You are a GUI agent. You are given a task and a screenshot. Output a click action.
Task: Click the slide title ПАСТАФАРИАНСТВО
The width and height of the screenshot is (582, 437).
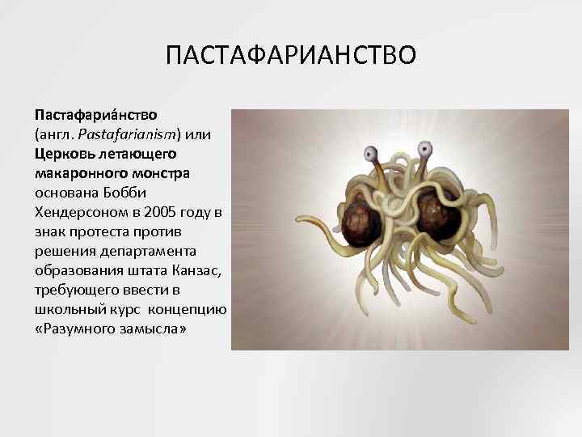[291, 57]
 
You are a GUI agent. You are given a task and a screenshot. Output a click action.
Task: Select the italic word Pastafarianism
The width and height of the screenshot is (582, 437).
[120, 134]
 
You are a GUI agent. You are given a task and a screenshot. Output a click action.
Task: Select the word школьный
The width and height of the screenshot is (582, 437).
[69, 310]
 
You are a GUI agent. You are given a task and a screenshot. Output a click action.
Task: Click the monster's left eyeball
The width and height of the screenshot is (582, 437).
[371, 152]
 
